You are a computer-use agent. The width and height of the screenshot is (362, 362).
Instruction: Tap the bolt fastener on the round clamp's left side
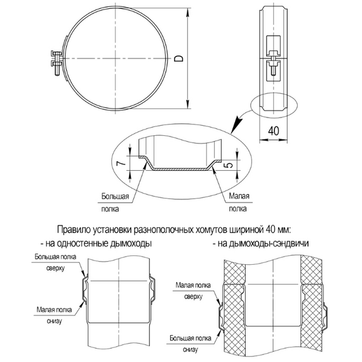pyautogui.click(x=54, y=60)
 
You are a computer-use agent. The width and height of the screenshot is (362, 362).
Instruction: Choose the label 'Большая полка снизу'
pyautogui.click(x=190, y=344)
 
